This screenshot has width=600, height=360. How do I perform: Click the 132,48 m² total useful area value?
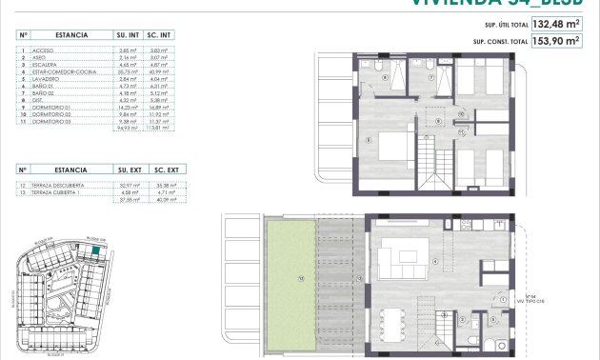(555, 25)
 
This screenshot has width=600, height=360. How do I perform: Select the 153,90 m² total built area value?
(555, 42)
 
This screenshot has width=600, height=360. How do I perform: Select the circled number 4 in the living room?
(434, 261)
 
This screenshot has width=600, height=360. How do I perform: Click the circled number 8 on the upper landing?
(437, 122)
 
